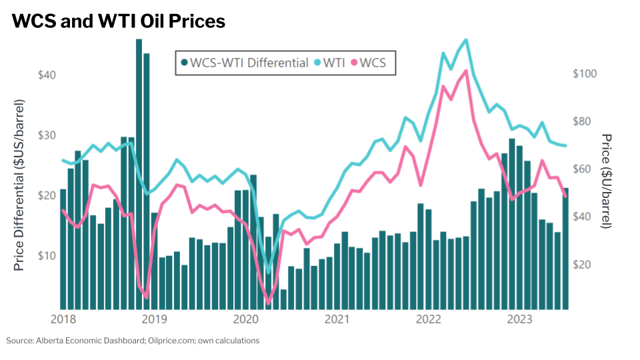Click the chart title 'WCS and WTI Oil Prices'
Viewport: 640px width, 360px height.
pos(119,21)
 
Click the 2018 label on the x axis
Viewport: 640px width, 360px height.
pos(63,319)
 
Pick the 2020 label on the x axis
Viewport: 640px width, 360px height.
pos(246,319)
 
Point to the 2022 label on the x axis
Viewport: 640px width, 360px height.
pos(429,319)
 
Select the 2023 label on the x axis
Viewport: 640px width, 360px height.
pos(520,319)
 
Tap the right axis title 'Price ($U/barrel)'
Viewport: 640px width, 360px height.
pos(607,180)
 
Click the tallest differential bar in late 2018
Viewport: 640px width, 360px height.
pos(139,173)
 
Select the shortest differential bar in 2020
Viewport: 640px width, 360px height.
pos(283,299)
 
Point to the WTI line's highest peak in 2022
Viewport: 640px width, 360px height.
pos(465,40)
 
